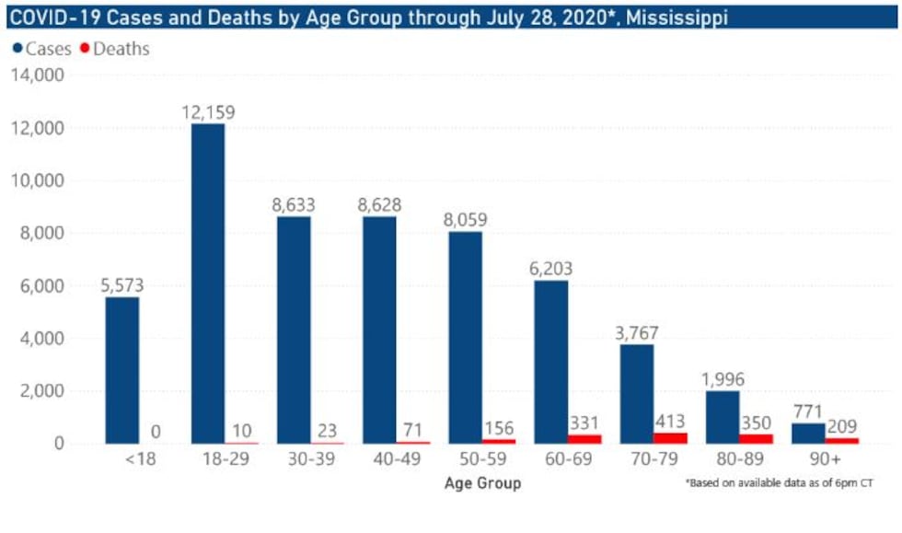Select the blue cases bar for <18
tap(122, 370)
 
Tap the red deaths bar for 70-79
tap(669, 437)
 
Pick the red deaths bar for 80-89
tap(756, 438)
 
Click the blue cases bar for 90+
tap(808, 433)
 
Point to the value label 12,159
tap(208, 112)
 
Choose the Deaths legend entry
tap(115, 48)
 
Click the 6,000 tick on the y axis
tap(38, 286)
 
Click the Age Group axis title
tap(482, 483)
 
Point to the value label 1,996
tap(722, 379)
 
